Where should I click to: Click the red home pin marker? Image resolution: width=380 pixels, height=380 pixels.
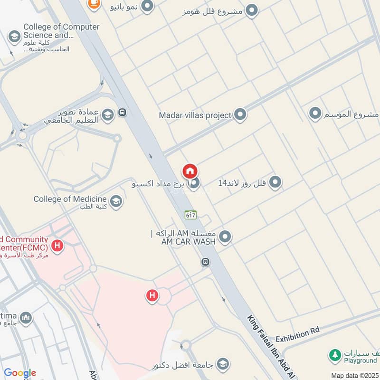tap(190, 171)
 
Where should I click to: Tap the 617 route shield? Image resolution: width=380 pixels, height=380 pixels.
tap(190, 215)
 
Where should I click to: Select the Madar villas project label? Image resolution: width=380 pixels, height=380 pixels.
tap(195, 115)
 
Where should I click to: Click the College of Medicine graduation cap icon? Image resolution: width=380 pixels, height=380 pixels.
tap(116, 201)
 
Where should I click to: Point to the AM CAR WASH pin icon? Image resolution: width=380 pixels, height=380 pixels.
tap(225, 237)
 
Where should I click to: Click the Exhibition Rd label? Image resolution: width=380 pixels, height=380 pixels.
tap(297, 335)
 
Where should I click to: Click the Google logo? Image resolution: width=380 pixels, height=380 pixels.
tap(20, 373)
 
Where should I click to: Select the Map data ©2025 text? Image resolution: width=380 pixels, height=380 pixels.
tap(354, 375)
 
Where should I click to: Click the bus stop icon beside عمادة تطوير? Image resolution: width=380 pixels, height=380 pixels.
tap(123, 113)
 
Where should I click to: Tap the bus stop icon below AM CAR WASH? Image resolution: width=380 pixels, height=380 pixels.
tap(205, 262)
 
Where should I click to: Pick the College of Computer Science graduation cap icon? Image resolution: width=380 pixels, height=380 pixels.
tap(14, 36)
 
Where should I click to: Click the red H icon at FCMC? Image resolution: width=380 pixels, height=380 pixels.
tap(57, 246)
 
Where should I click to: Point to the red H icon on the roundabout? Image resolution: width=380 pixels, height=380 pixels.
tap(152, 295)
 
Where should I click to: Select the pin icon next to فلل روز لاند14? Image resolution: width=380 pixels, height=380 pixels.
tap(275, 182)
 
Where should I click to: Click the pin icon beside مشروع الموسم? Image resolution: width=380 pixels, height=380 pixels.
tap(315, 114)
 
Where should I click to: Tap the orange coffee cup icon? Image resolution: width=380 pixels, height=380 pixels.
tap(94, 3)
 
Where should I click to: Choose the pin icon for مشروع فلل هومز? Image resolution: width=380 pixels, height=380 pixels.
tap(252, 10)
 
